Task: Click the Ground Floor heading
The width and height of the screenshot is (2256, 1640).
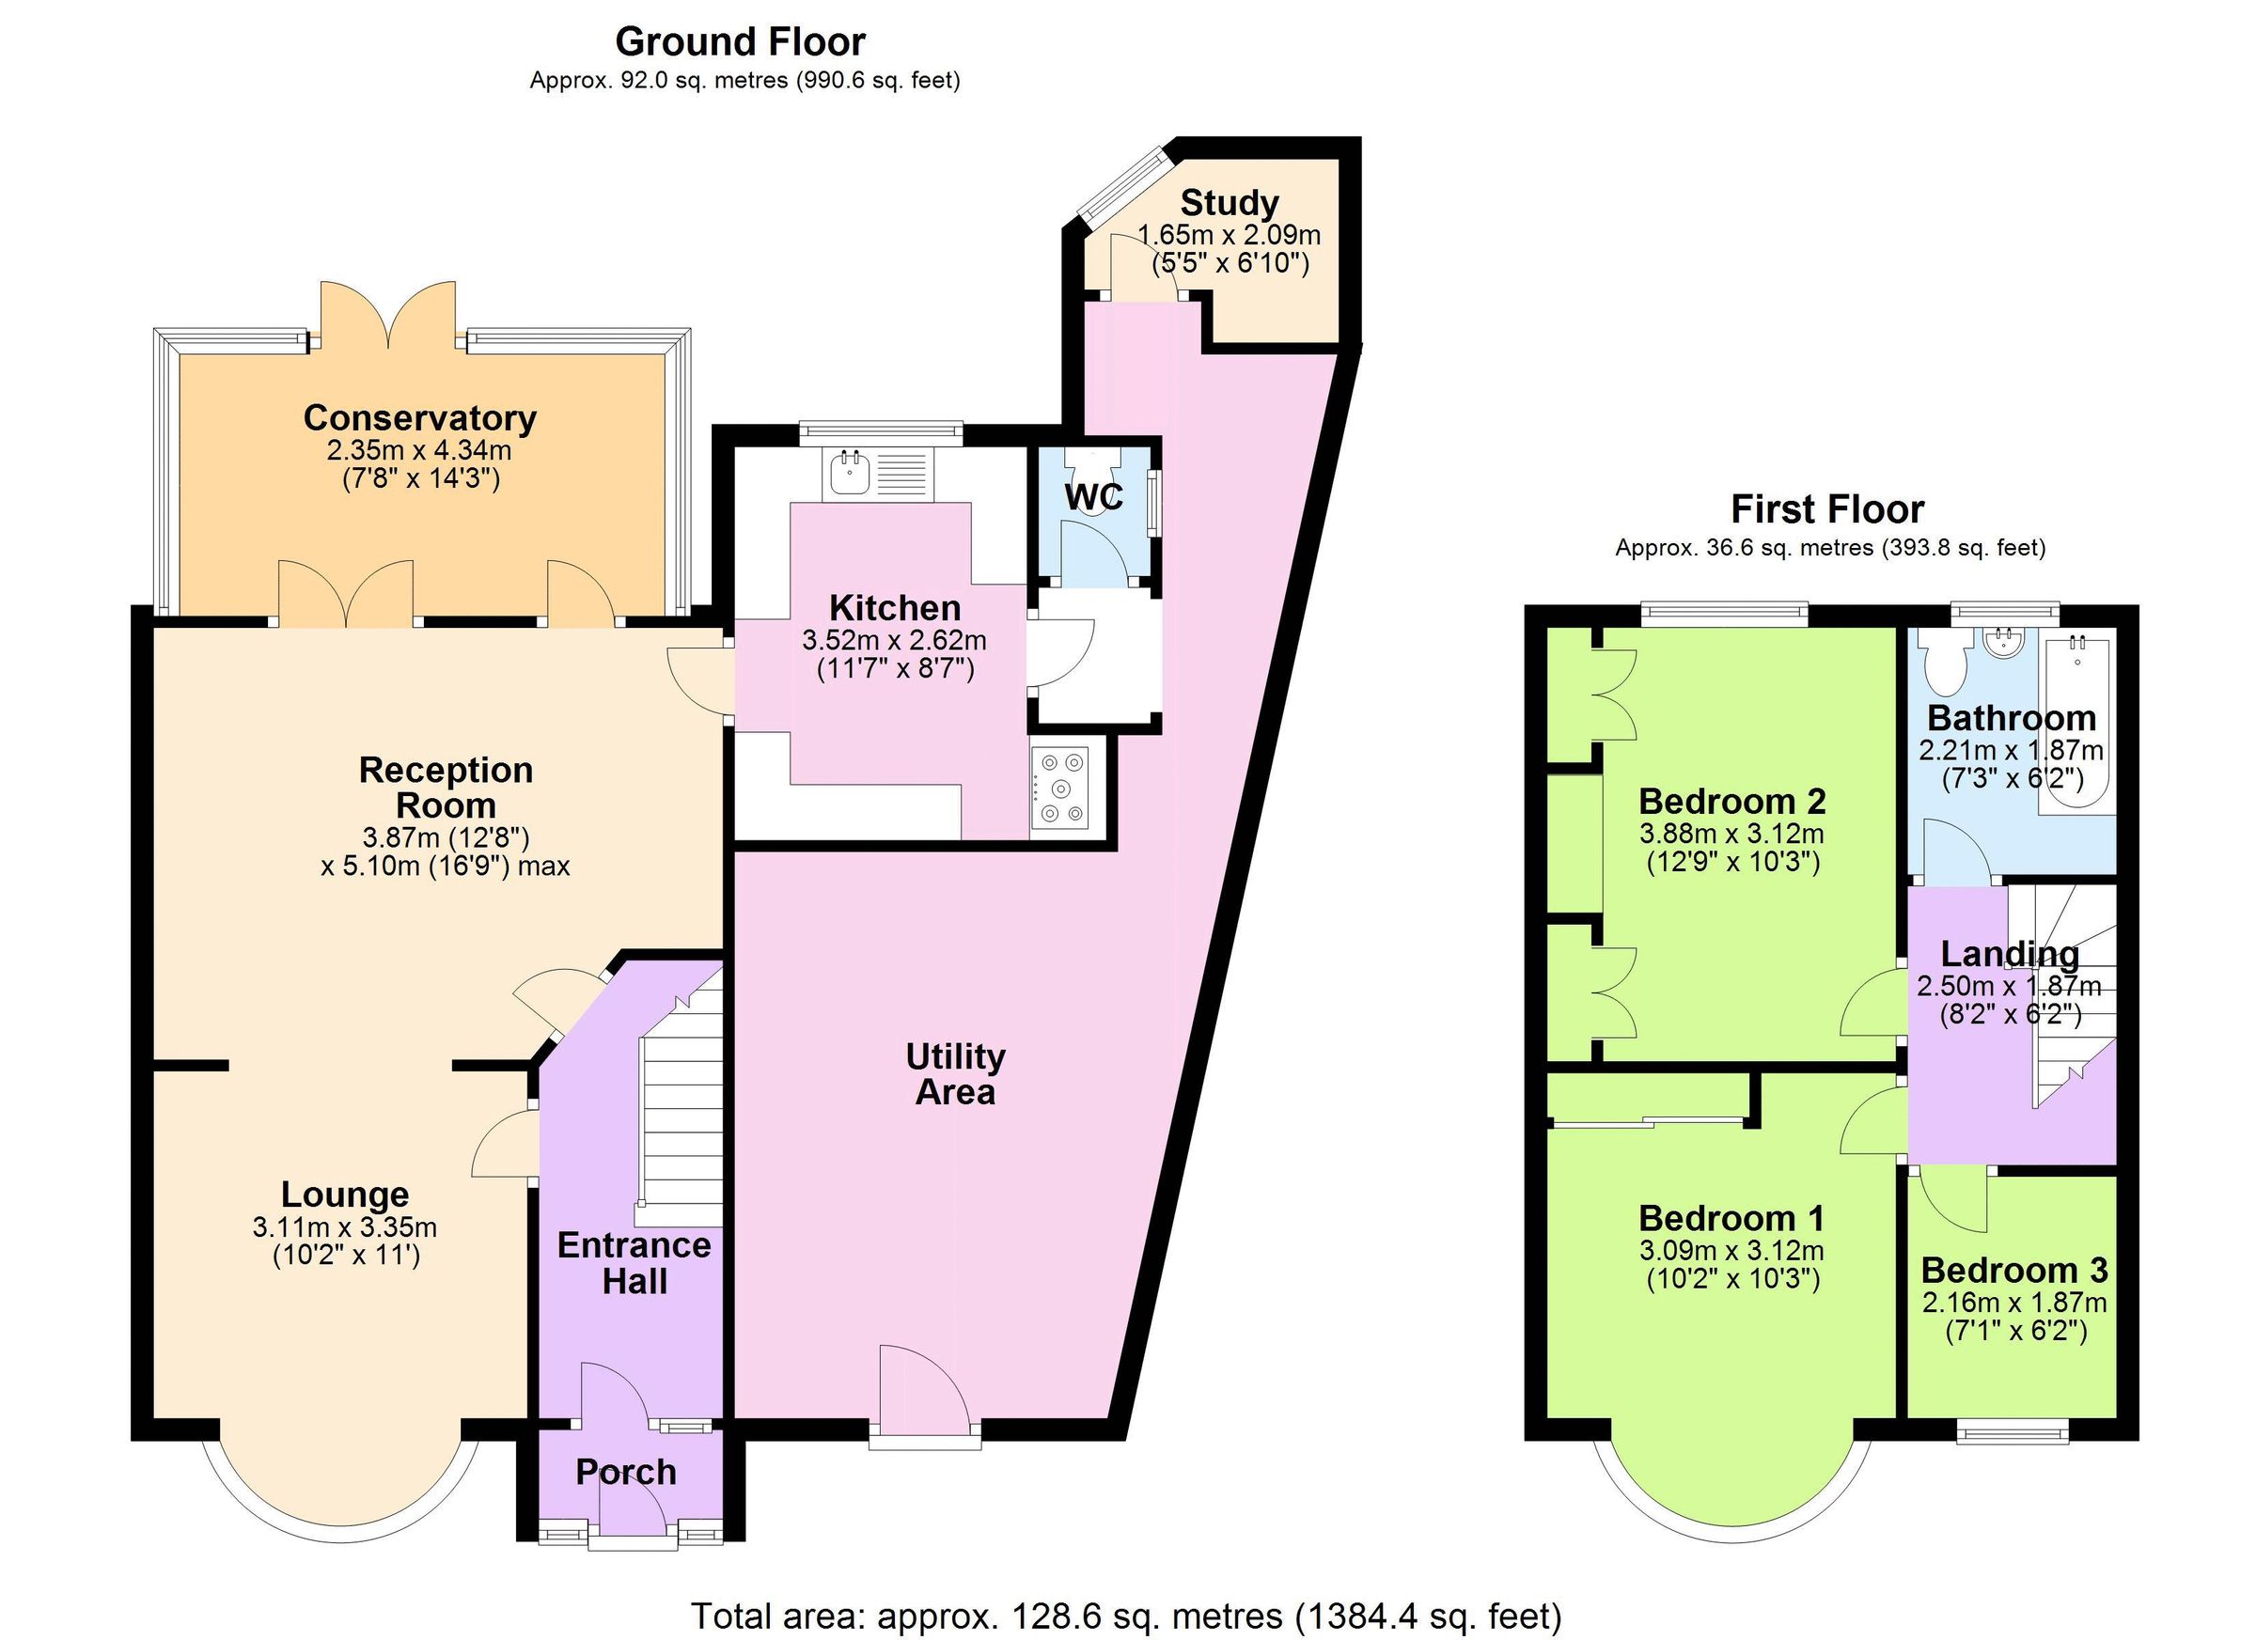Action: [740, 41]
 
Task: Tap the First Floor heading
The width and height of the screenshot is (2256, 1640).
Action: [1827, 509]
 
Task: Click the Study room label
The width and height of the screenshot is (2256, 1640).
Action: [1230, 203]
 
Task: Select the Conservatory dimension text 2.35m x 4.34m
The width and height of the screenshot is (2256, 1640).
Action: [419, 450]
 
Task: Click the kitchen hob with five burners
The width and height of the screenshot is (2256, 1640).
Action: [1060, 789]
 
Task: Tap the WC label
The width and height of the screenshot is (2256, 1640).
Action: [1094, 496]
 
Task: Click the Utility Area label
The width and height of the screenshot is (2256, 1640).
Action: [955, 1074]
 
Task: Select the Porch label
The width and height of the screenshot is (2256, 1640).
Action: [626, 1472]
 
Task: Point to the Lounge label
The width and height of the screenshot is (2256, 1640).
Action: [344, 1195]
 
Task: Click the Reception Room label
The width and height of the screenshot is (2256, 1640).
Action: [446, 787]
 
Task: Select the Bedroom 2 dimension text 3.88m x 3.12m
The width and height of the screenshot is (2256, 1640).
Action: [1731, 834]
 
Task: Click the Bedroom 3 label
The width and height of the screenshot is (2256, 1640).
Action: [2014, 1270]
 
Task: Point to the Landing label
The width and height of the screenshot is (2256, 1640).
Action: [2010, 954]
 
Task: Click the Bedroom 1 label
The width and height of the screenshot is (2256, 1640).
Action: [1731, 1218]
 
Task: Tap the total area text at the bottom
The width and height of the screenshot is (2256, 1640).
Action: [1126, 1617]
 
